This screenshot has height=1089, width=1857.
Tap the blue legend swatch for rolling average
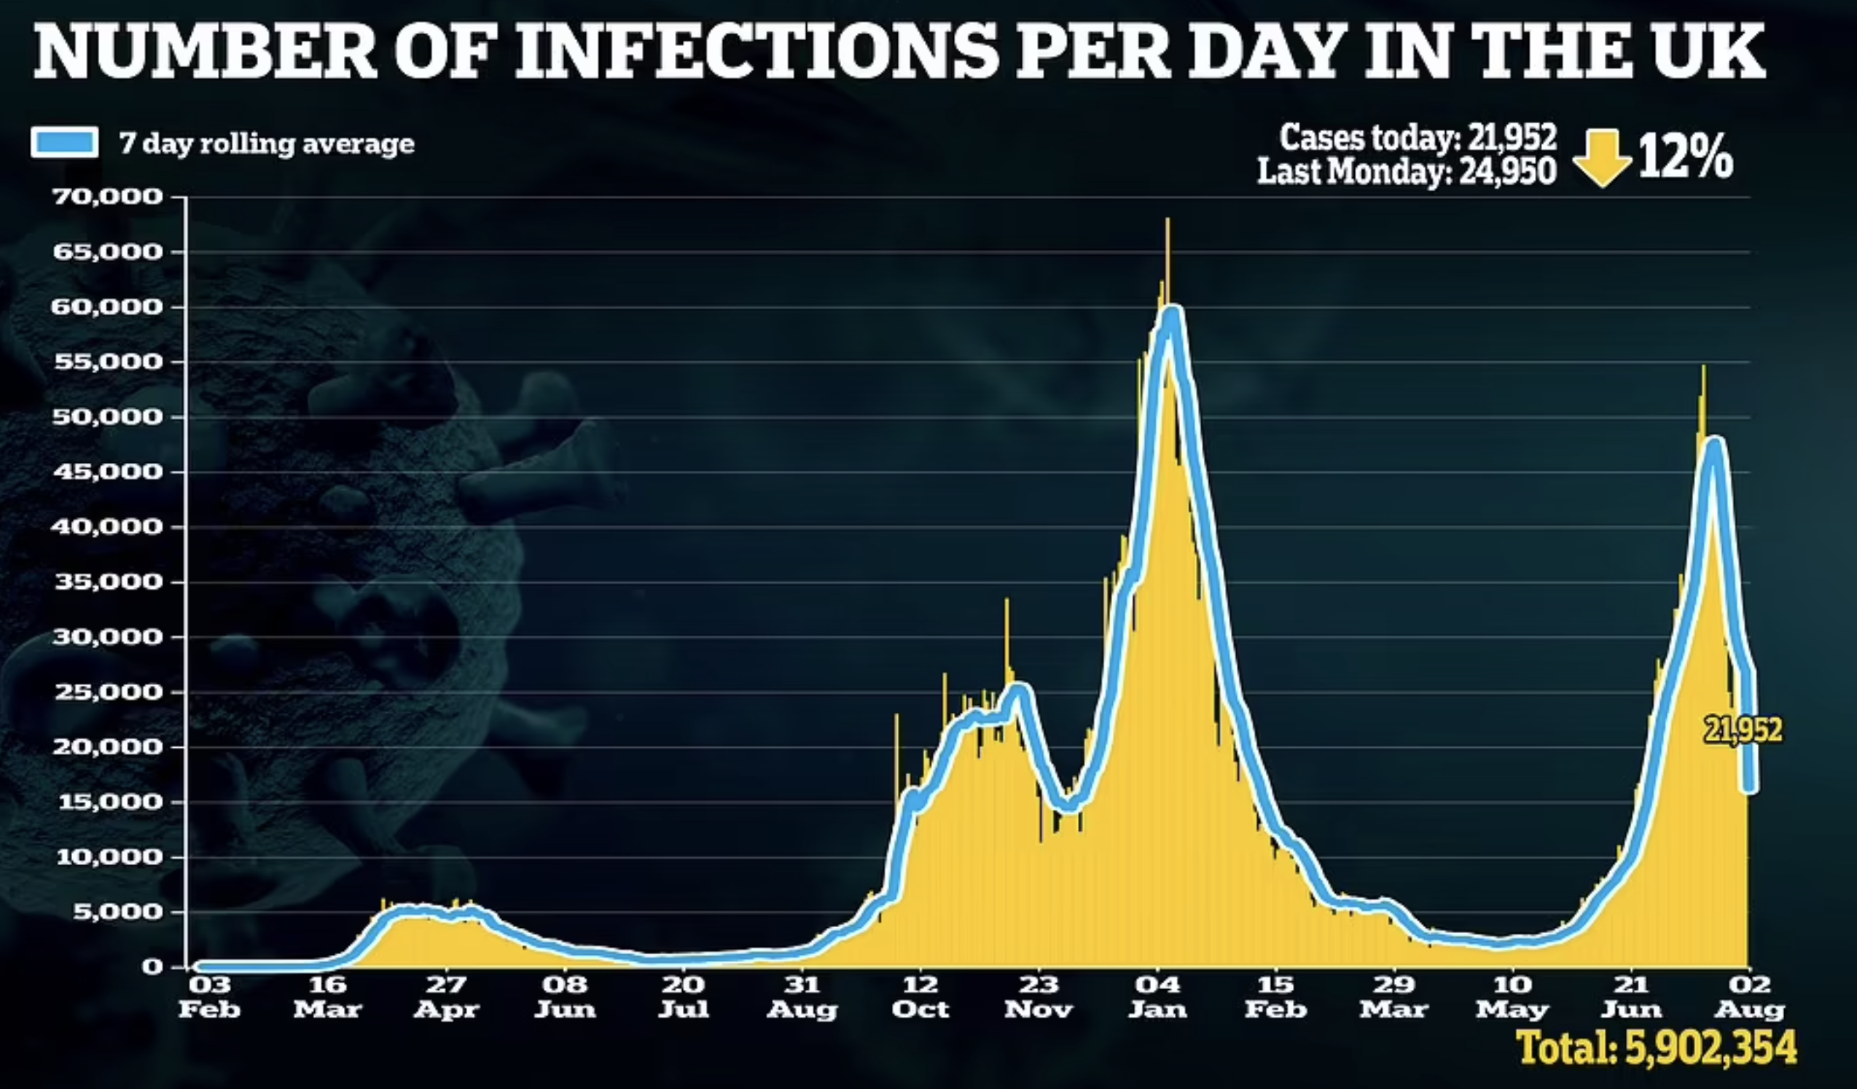tap(64, 142)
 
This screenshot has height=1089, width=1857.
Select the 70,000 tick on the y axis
tap(107, 197)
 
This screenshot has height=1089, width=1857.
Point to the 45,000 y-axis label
tap(107, 472)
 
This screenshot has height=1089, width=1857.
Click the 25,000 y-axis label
tap(107, 692)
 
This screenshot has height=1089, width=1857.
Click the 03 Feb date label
tap(209, 996)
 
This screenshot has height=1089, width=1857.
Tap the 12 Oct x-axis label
tap(920, 996)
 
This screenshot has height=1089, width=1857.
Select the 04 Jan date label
tap(1157, 996)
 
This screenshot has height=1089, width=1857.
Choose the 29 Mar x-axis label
tap(1394, 996)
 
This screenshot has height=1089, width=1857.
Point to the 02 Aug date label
tap(1749, 996)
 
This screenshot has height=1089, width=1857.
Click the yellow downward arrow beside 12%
tap(1601, 157)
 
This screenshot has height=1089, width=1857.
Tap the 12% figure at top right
tap(1686, 157)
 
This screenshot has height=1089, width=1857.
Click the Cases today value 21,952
tap(1512, 137)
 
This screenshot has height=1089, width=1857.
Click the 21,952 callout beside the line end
tap(1743, 730)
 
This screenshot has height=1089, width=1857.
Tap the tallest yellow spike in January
tap(1168, 221)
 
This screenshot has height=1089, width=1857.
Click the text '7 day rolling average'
tap(267, 143)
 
